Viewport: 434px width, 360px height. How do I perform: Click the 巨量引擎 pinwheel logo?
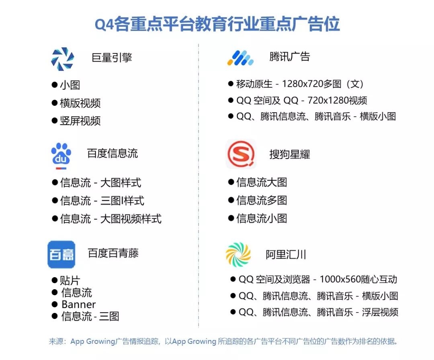[63, 59]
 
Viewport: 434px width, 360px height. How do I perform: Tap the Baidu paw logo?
[61, 156]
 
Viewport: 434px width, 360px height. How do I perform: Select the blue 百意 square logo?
[61, 254]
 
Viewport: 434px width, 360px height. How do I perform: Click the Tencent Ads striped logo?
[240, 58]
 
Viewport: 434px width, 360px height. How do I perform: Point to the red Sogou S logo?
[241, 154]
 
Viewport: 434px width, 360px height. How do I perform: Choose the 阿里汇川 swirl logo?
[238, 255]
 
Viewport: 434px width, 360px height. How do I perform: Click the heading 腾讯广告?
[289, 57]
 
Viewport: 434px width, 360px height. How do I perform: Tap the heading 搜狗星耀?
[289, 154]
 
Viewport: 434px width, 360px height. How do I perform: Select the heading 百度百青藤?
[113, 253]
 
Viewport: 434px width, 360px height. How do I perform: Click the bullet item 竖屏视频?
[80, 121]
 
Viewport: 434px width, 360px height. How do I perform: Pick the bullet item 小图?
[70, 85]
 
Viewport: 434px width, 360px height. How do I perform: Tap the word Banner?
[79, 304]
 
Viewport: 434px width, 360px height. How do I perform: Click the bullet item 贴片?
[70, 280]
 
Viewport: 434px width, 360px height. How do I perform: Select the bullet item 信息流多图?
[262, 200]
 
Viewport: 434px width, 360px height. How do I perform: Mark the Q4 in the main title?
[104, 25]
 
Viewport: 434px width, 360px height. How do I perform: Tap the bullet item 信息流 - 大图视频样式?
[111, 219]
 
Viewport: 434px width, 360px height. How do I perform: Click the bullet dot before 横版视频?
[55, 103]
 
